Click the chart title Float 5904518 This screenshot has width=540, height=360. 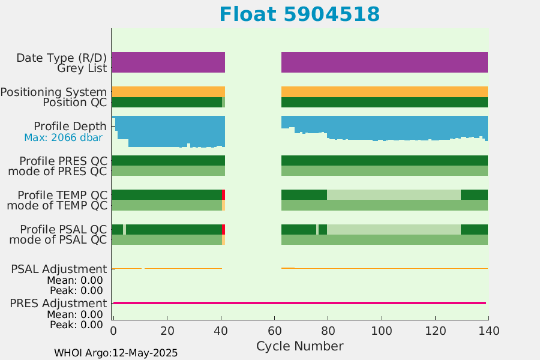coord(299,14)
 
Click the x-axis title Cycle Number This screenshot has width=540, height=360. coord(299,346)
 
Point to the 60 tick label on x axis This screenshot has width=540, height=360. coord(274,331)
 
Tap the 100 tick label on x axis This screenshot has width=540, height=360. coord(382,331)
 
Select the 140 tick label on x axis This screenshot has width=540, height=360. coord(489,331)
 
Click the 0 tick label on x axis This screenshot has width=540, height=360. coord(113,331)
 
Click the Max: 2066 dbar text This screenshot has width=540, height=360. coord(64,137)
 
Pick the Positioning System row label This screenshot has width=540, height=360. coord(53,92)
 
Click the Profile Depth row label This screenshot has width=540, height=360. coord(70,127)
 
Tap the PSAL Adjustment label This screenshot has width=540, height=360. coord(59,269)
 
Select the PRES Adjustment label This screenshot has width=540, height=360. coord(59,303)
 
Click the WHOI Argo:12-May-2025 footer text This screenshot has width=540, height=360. coord(116,353)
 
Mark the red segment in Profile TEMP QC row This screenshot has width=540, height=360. coord(224,194)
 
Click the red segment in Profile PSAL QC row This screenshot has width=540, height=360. coord(224,229)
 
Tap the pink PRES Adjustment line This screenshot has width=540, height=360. coord(299,303)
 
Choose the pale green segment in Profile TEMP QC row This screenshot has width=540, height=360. coord(394,194)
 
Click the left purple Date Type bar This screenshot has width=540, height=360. coord(169,62)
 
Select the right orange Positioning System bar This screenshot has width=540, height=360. coord(385,92)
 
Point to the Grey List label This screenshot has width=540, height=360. coord(82,68)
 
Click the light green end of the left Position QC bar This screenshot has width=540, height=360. coord(224,103)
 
